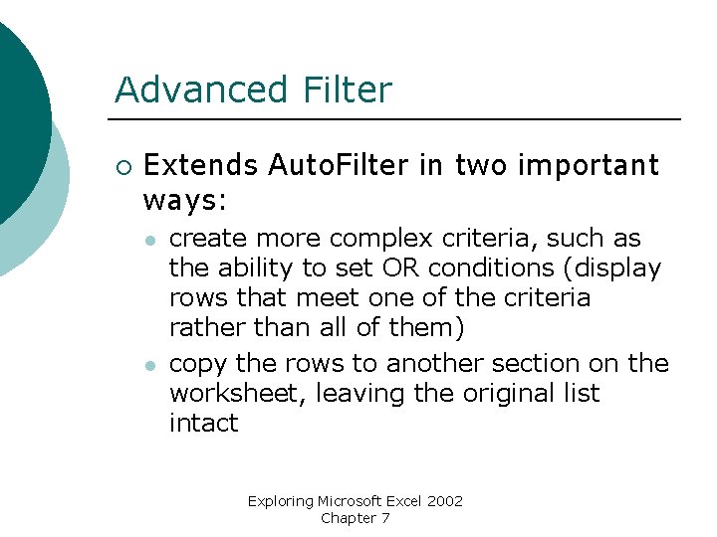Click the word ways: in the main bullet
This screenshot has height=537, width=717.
point(186,201)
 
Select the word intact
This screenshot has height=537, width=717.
point(203,423)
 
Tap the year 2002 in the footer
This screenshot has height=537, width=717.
point(444,501)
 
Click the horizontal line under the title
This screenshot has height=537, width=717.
point(398,119)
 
